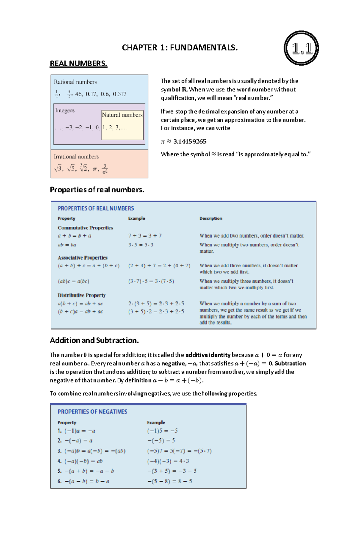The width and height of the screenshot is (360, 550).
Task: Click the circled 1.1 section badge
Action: pos(301,48)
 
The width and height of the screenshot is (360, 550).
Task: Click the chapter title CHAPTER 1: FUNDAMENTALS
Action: pos(180,47)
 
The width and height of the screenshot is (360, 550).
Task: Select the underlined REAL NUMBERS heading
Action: pos(78,64)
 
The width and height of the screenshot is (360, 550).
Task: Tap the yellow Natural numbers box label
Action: pos(122,115)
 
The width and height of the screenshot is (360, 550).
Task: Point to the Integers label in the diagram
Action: pos(65,110)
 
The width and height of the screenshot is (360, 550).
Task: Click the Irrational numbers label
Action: pos(76,157)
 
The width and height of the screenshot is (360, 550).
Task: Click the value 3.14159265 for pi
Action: pos(190,141)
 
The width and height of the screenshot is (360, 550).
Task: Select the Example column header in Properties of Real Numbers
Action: pos(136,218)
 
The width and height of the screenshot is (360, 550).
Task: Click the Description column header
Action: pos(211,218)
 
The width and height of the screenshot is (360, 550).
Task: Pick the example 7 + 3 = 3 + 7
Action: pos(145,236)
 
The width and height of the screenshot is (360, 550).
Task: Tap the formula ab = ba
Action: pos(67,245)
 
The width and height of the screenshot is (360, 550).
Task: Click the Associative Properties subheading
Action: pos(82,258)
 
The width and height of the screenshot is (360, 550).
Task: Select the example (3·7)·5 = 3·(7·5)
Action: pos(151,281)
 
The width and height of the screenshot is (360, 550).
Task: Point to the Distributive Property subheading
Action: pos(82,295)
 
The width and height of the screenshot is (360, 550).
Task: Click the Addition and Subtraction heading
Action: pos(94,340)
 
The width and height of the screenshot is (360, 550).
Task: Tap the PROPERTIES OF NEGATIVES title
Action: pos(92,412)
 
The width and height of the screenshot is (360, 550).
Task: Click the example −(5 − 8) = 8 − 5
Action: pos(169,481)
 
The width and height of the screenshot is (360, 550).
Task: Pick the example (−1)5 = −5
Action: pos(162,431)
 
